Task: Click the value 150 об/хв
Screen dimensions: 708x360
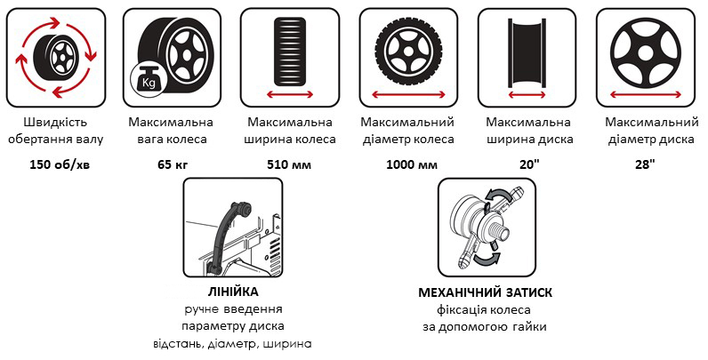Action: tap(60, 164)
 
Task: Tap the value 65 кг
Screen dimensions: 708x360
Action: tap(173, 164)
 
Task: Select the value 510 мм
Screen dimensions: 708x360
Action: tap(289, 164)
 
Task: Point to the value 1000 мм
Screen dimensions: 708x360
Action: tap(412, 164)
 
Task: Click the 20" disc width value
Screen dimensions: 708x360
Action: tap(529, 164)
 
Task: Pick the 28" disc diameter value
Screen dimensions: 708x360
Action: tap(645, 164)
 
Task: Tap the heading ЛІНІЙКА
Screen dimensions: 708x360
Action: tap(233, 292)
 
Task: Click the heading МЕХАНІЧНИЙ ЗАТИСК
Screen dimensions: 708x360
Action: tap(485, 292)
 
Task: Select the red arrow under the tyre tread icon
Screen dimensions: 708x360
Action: tap(290, 94)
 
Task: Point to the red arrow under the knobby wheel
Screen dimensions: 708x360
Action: tap(408, 94)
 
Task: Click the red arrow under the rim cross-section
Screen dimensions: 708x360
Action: tap(527, 94)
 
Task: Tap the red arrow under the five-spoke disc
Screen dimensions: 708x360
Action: tap(645, 94)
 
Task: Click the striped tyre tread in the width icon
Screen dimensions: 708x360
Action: tap(290, 52)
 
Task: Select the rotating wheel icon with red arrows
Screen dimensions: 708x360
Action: tap(56, 57)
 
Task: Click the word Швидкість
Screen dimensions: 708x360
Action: tap(55, 123)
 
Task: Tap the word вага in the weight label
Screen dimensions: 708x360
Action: tap(149, 140)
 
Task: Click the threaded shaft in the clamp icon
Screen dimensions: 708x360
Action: tap(503, 231)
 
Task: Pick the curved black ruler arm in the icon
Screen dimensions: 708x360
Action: tap(227, 235)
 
